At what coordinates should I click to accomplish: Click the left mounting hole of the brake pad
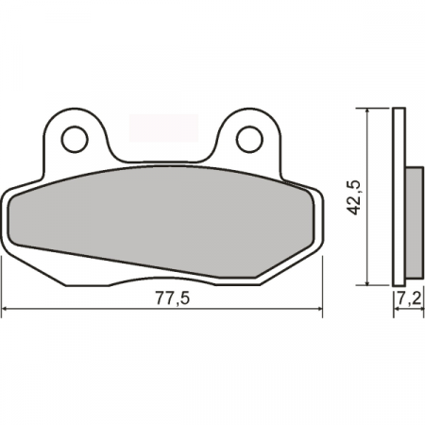pyautogui.click(x=74, y=139)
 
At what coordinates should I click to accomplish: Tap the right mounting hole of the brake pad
pyautogui.click(x=248, y=139)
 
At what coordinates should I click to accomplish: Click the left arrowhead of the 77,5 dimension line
pyautogui.click(x=8, y=309)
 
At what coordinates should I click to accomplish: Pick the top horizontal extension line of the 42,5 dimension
pyautogui.click(x=378, y=109)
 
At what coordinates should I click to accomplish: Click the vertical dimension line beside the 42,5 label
pyautogui.click(x=366, y=161)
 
